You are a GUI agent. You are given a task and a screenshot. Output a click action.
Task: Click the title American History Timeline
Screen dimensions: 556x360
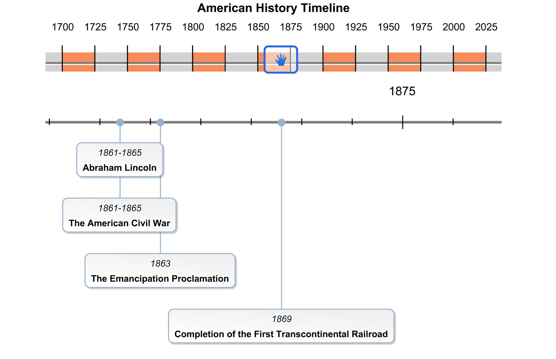(x=273, y=8)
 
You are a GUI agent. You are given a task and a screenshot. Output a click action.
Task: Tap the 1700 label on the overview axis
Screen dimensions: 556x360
(x=62, y=27)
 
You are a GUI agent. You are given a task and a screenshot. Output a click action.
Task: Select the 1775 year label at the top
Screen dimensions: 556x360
(x=160, y=27)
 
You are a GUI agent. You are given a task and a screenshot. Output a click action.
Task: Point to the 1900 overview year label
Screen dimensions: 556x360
(x=323, y=27)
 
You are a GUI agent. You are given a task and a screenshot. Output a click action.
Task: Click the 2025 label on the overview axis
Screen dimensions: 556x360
(x=486, y=27)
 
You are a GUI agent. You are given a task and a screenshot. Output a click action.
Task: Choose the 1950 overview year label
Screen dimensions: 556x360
(x=388, y=27)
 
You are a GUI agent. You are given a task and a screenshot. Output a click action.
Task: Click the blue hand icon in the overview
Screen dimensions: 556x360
(x=281, y=60)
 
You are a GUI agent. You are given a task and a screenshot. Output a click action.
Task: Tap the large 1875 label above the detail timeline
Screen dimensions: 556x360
(x=402, y=91)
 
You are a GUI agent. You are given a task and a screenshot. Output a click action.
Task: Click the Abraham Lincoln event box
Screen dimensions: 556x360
(x=120, y=160)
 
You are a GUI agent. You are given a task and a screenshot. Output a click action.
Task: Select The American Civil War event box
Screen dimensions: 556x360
(x=119, y=215)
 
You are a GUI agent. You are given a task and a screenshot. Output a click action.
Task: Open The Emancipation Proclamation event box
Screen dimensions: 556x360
(x=160, y=270)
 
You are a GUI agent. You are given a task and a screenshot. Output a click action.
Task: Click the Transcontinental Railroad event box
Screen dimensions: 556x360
(x=281, y=326)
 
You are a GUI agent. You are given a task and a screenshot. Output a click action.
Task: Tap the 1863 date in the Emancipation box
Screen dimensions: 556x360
(x=160, y=263)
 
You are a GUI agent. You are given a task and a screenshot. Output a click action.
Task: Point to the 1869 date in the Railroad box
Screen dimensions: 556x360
(x=282, y=319)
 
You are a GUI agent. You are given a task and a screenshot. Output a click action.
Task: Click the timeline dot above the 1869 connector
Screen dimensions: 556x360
(x=282, y=122)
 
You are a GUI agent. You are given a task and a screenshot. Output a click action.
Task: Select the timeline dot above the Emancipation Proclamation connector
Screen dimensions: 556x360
(x=160, y=122)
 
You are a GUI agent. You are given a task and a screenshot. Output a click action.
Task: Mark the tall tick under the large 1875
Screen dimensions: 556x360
(x=403, y=122)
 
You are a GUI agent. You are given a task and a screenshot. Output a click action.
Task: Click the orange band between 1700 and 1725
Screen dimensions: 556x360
(x=78, y=62)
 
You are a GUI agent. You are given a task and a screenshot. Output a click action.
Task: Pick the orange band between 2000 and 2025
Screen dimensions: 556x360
(x=470, y=62)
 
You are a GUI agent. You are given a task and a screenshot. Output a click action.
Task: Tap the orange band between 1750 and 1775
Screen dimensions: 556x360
(x=144, y=62)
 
